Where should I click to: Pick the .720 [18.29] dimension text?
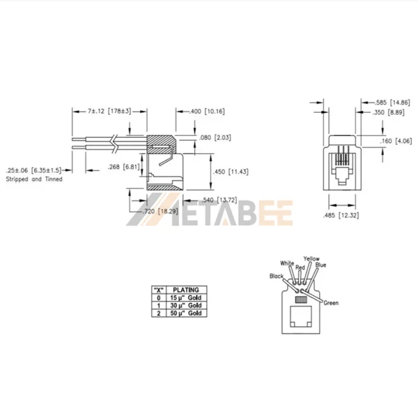tap(156, 211)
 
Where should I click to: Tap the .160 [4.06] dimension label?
tap(398, 142)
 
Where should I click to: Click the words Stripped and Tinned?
tap(34, 180)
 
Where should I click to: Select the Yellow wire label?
tap(311, 258)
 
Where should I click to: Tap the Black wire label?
tap(277, 277)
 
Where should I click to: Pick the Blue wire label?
tap(321, 265)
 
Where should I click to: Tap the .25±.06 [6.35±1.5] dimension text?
tap(34, 170)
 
